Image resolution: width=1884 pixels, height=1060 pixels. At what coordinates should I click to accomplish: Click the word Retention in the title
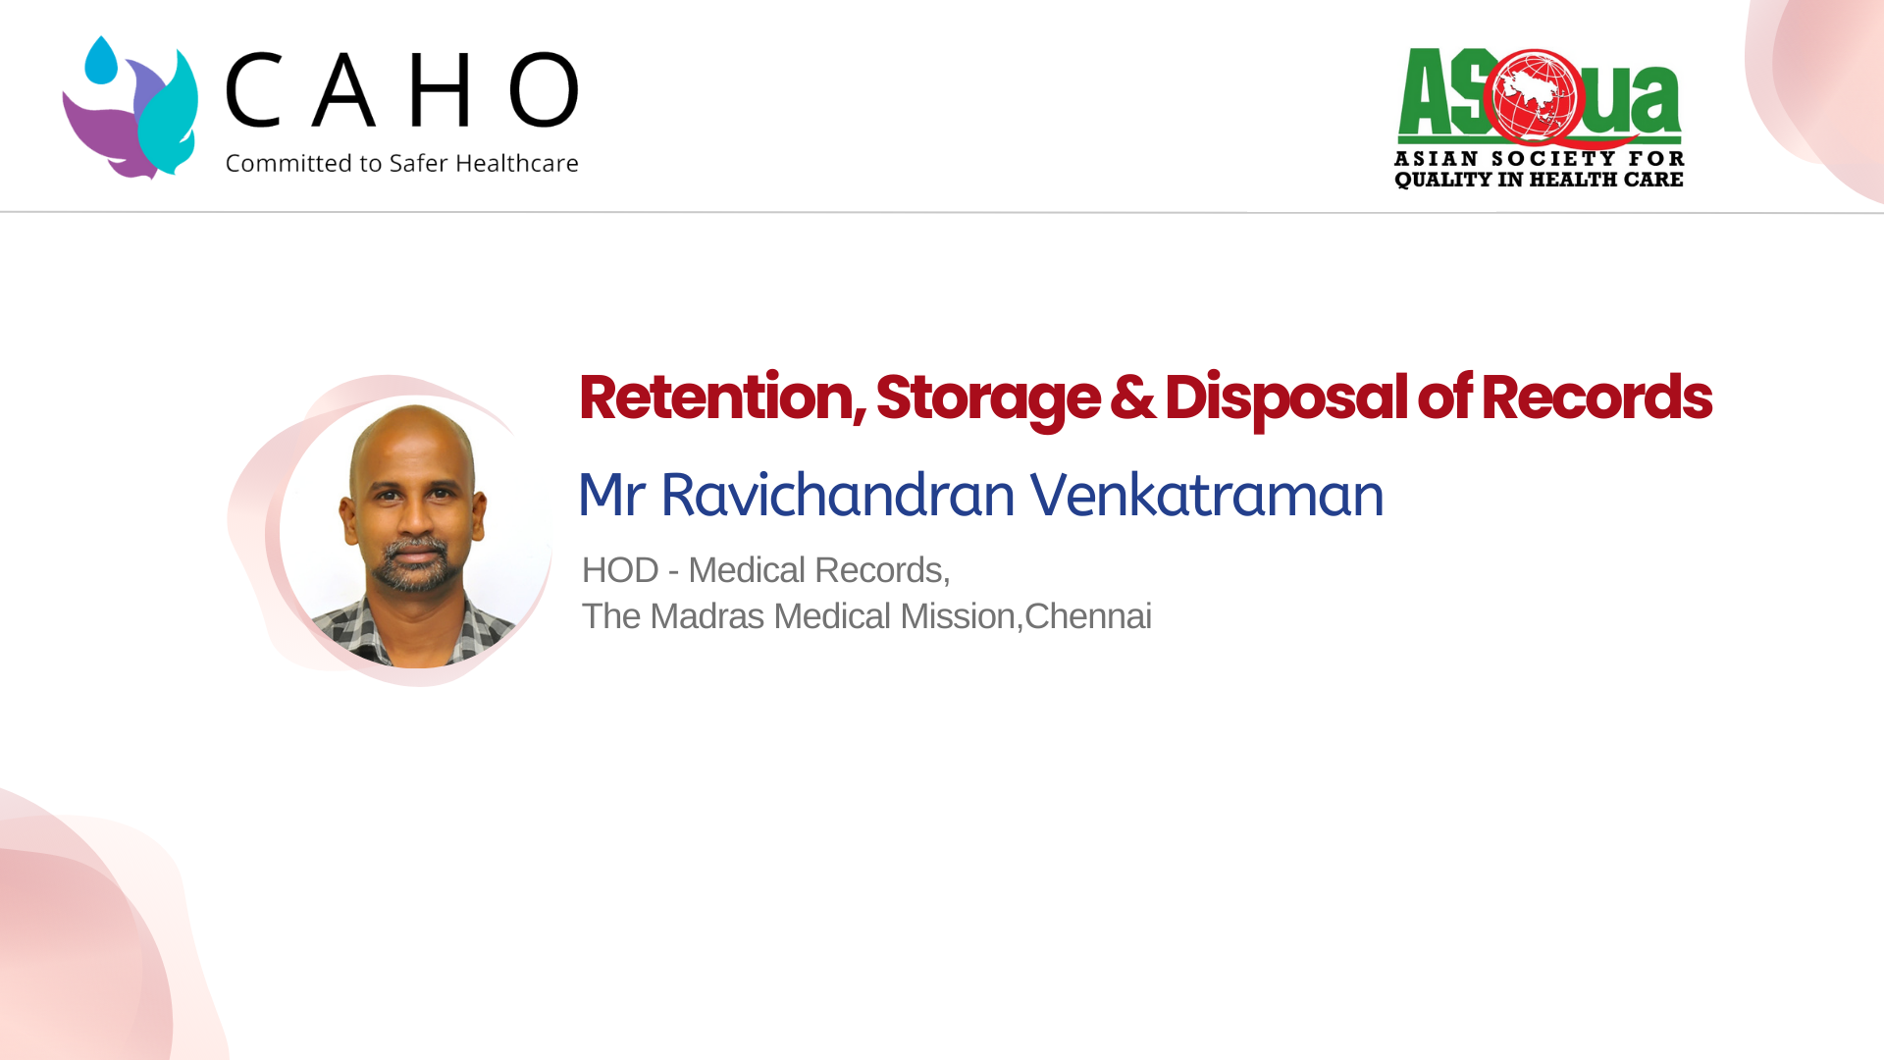coord(722,397)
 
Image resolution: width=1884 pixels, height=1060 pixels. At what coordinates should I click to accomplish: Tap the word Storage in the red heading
coord(987,400)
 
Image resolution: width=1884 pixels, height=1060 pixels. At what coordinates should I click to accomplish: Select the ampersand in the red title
coord(1132,397)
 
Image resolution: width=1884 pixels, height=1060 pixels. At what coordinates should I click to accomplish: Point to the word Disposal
coord(1285,400)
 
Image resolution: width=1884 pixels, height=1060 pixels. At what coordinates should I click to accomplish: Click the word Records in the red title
coord(1596,397)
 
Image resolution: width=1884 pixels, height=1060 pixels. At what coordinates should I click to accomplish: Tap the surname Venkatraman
coord(1206,494)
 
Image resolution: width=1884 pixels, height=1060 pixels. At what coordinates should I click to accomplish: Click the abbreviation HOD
coord(620,570)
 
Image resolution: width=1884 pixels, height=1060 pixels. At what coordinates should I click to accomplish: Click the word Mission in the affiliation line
coord(958,616)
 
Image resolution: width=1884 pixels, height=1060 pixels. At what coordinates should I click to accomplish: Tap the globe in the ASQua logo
coord(1533,97)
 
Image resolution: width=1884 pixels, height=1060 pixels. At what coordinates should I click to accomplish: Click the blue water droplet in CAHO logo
coord(101,61)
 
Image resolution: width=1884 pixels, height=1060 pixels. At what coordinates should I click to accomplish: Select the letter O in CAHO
coord(544,90)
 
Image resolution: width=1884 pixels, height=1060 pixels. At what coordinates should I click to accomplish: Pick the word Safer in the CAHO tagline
coord(419,163)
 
